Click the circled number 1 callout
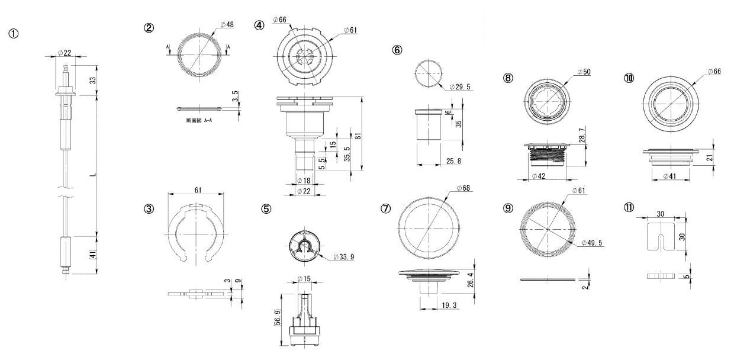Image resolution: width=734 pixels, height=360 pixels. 13,34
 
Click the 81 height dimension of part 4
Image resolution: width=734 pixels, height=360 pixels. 358,136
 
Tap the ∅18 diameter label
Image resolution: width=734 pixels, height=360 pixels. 303,180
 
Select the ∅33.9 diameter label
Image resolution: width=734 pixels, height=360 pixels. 344,258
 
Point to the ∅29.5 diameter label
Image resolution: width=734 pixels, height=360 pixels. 460,87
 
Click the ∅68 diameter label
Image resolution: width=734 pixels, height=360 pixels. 464,188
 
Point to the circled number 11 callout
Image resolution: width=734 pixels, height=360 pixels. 629,207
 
